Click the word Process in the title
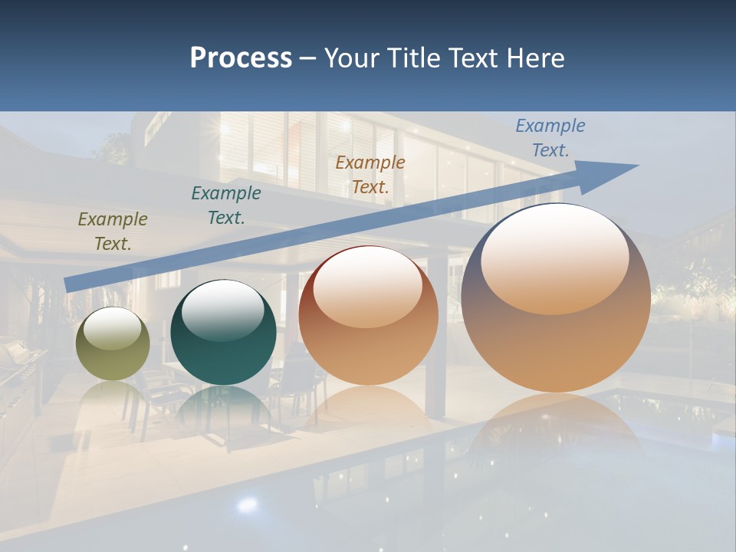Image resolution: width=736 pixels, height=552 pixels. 241,58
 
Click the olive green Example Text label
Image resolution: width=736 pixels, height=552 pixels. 113,232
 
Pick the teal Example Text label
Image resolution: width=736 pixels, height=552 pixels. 226,205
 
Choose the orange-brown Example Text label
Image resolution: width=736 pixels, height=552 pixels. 370,174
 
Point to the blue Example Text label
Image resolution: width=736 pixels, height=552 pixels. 550,138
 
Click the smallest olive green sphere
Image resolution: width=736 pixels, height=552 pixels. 113,344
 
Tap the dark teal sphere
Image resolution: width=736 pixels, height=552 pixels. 223,333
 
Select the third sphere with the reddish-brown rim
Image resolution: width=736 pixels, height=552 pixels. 368,316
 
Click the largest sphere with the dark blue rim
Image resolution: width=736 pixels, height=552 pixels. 556,299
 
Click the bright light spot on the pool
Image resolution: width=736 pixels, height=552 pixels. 247,504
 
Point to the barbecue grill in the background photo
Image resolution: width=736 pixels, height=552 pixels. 19,360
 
